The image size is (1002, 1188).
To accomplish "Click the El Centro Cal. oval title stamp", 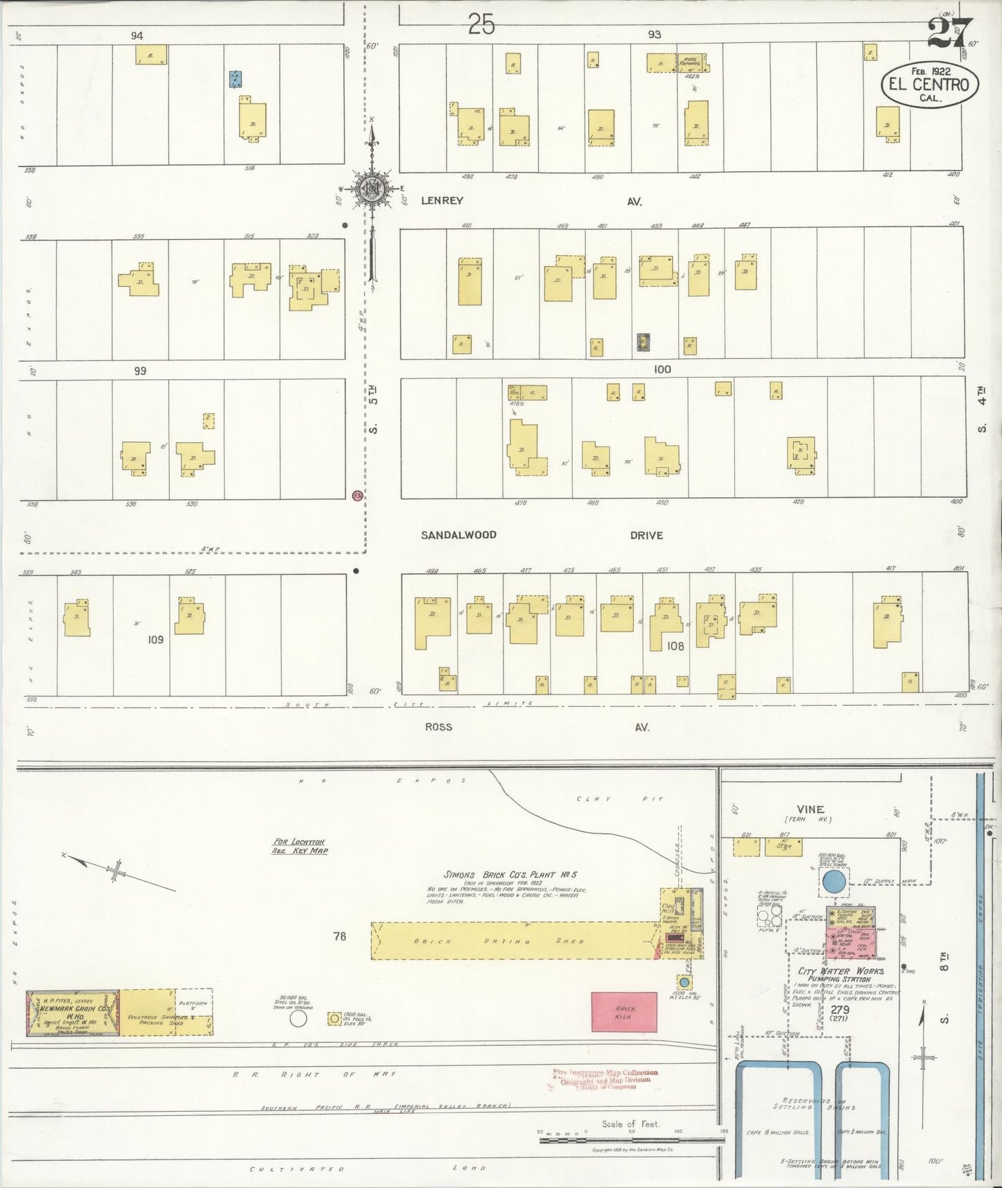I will coord(929,85).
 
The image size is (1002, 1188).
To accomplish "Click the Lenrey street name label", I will coord(442,200).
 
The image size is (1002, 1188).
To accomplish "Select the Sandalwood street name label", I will coord(459,535).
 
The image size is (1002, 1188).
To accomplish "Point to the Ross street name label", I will coord(438,726).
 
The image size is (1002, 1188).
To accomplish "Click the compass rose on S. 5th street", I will coord(372,189).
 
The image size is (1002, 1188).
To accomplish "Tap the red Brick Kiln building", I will coord(623,1011).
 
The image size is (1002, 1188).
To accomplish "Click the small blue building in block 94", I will coord(236,78).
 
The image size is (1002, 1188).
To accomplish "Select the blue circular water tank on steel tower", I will coord(833,882).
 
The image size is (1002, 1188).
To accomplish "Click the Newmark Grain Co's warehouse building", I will coord(73,1013).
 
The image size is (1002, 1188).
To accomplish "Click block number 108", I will coord(675,646).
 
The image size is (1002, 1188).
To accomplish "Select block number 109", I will coord(155,639).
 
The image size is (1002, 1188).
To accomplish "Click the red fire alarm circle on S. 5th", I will coord(357,496).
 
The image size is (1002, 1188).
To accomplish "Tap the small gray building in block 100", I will coord(643,342).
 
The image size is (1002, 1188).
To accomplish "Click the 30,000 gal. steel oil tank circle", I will coord(298,1018).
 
